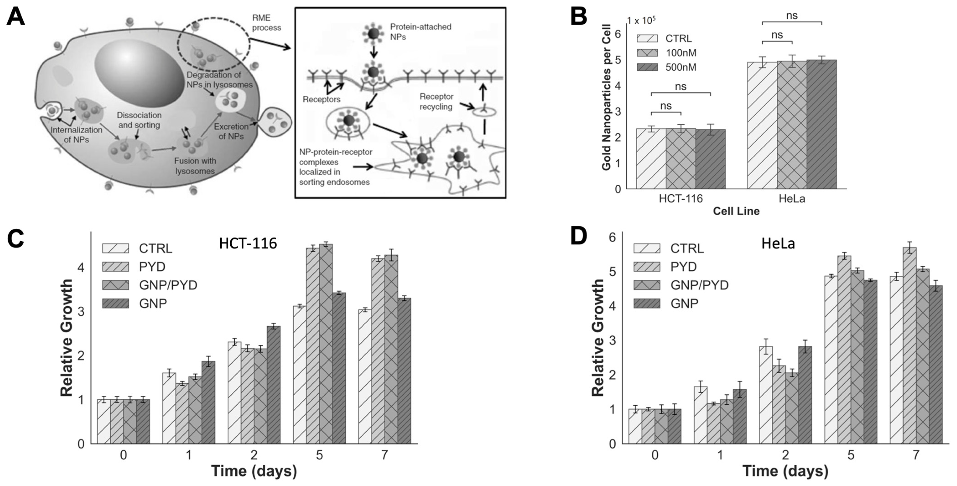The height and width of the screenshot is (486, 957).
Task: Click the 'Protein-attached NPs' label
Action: (x=420, y=32)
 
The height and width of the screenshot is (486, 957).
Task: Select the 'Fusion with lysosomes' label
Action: (x=195, y=166)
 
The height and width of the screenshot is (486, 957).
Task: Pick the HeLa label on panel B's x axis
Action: (x=792, y=199)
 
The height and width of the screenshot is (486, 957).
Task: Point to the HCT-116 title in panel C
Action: (x=248, y=243)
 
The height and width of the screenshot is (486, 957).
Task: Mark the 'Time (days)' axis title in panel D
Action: (x=785, y=471)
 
